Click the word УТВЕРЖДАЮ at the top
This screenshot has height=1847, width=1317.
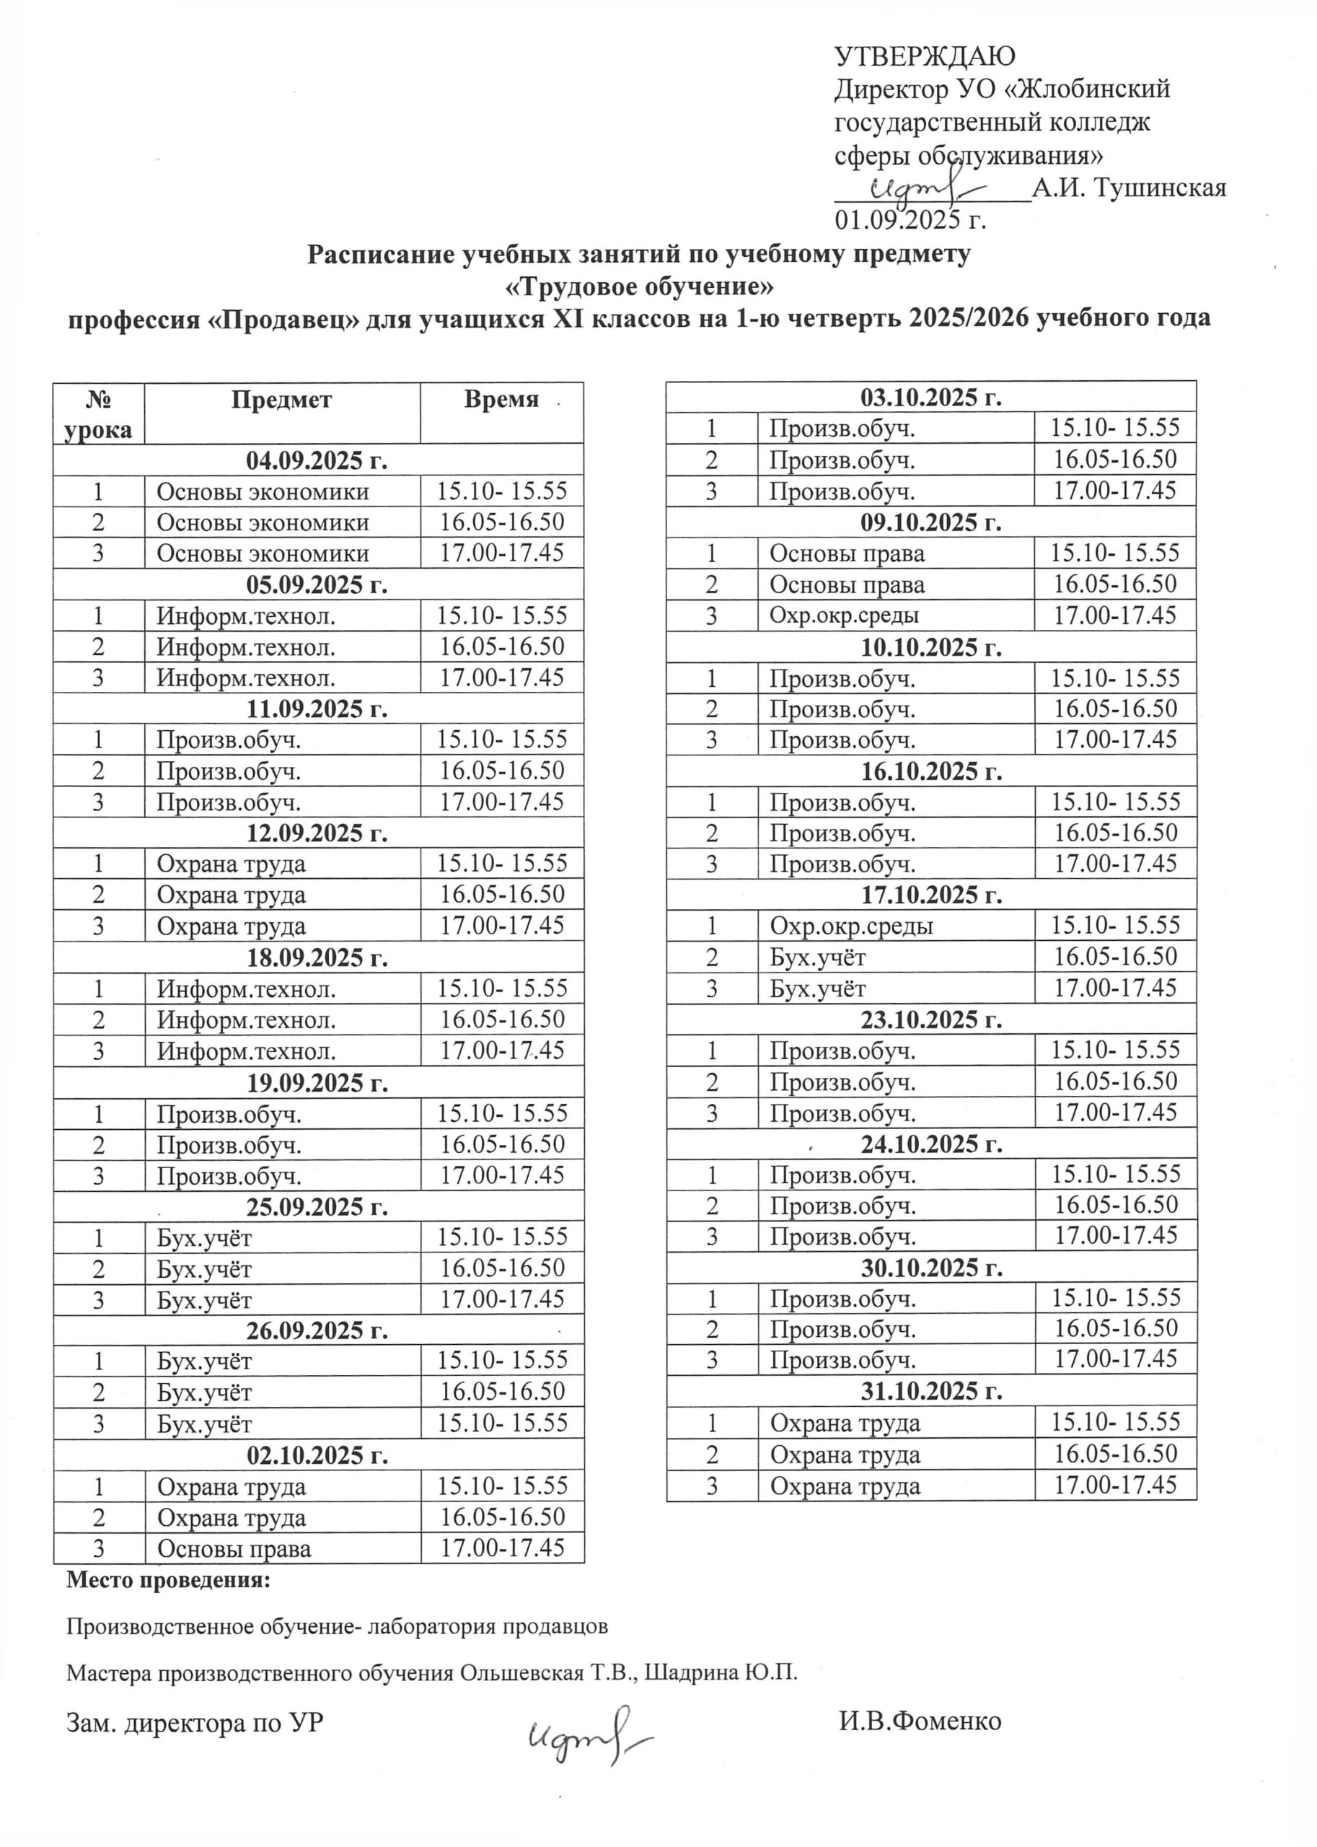[x=925, y=56]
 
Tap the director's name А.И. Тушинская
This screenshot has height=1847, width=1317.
[x=1129, y=188]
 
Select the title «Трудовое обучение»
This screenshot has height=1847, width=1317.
[x=639, y=286]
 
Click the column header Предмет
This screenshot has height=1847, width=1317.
[x=281, y=400]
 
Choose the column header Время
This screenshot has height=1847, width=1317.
[x=501, y=399]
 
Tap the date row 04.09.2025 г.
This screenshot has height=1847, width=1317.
[x=317, y=460]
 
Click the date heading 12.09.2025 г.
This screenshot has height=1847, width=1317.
[x=317, y=833]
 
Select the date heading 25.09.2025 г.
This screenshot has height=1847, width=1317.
[x=317, y=1206]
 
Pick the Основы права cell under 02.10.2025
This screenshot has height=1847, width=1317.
[x=234, y=1548]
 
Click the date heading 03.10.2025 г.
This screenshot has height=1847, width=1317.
[x=931, y=398]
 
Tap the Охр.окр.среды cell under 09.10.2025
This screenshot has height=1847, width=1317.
[x=844, y=615]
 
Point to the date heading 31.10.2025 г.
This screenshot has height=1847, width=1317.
[x=931, y=1391]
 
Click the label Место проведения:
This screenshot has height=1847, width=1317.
[x=168, y=1580]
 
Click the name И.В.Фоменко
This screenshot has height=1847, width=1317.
[x=920, y=1721]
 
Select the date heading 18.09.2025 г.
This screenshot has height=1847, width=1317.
[x=317, y=957]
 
